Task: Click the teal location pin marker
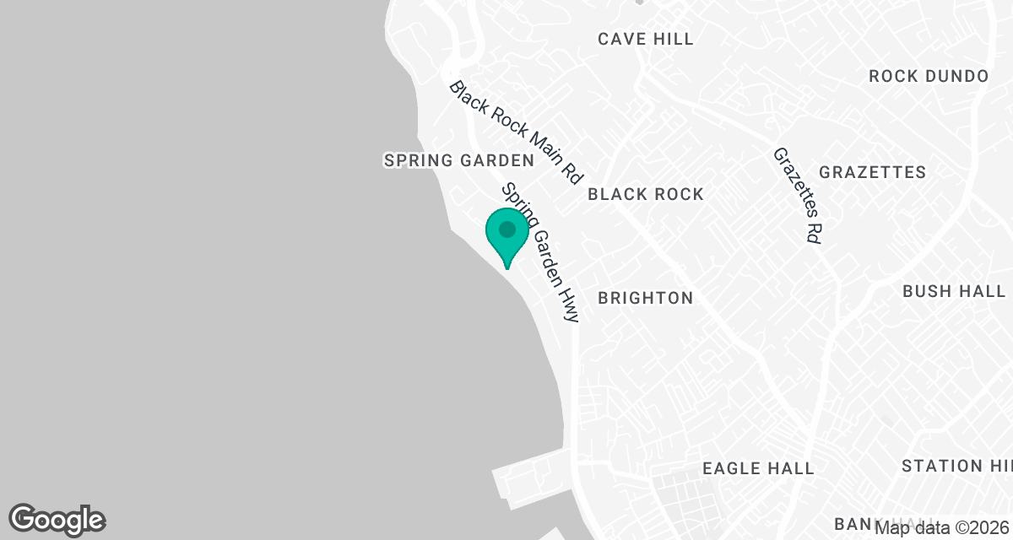[x=507, y=236]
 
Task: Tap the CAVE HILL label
[x=646, y=39]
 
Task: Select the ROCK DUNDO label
[x=929, y=76]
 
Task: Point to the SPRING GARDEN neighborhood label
[x=459, y=160]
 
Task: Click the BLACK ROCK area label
[x=646, y=194]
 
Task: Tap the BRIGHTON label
[x=646, y=298]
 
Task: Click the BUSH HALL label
[x=954, y=291]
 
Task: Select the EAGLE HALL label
[x=758, y=468]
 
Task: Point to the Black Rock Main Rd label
[x=516, y=132]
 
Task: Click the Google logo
[x=57, y=520]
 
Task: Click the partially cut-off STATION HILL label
[x=956, y=466]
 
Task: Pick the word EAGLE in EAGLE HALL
[x=730, y=468]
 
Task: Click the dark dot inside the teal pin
[x=507, y=229]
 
